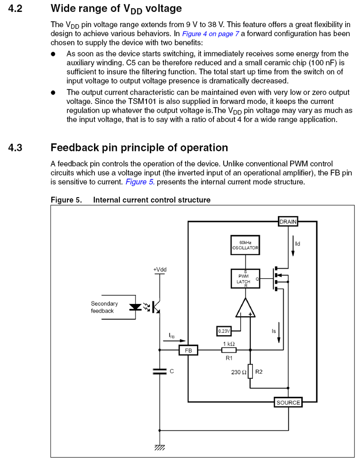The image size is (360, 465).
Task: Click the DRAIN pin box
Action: [x=288, y=221]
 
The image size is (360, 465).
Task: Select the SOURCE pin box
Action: [x=288, y=403]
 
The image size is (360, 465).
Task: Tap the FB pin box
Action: [x=188, y=351]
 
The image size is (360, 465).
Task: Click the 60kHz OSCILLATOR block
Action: [x=245, y=245]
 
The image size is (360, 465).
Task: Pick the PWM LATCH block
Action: [x=245, y=278]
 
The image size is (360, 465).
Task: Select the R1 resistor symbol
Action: [x=229, y=350]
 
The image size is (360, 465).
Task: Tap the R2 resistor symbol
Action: [x=250, y=372]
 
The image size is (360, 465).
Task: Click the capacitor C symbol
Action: [x=160, y=371]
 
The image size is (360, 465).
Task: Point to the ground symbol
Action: [x=160, y=446]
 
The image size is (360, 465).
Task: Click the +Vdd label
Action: [x=160, y=270]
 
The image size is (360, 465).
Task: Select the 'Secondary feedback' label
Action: [x=104, y=307]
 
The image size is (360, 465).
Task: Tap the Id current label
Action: [x=298, y=244]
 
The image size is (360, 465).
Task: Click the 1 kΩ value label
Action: [x=229, y=343]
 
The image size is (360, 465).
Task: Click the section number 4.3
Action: [x=15, y=148]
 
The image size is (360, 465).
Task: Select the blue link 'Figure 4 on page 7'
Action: [x=208, y=33]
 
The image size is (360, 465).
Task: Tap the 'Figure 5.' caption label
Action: [x=66, y=200]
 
